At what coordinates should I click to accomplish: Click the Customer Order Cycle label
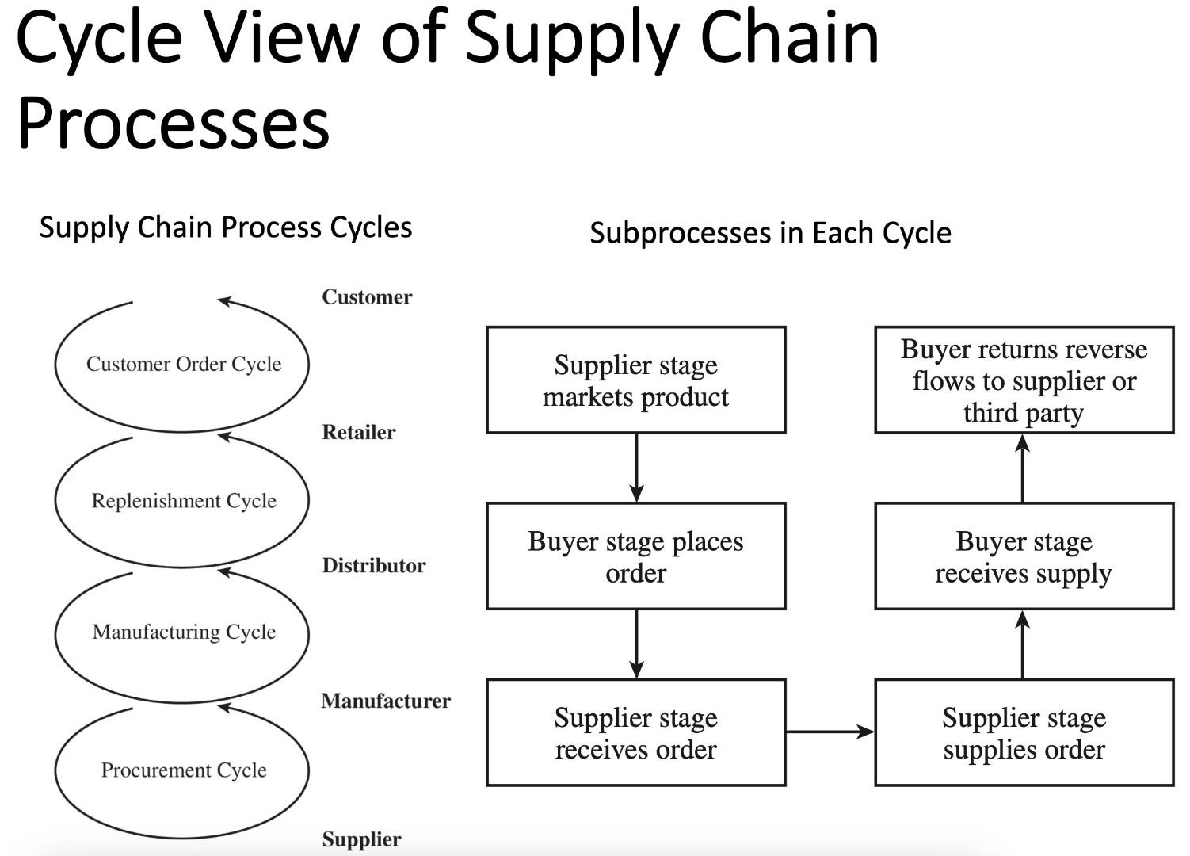[184, 364]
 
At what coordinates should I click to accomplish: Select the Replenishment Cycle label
[184, 501]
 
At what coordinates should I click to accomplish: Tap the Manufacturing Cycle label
[184, 632]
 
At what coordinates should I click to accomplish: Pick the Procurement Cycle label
[184, 770]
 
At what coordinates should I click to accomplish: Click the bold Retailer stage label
[358, 432]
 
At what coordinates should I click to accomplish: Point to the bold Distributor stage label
[373, 565]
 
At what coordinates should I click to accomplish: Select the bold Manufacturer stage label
[386, 701]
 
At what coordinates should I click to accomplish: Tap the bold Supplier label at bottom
[361, 839]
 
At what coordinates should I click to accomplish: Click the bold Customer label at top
[367, 297]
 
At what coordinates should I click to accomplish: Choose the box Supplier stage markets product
[635, 380]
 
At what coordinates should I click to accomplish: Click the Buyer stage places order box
[635, 556]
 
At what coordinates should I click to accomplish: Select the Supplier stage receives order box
[635, 732]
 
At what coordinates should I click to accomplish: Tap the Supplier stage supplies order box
[1024, 732]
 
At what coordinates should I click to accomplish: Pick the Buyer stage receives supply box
[1024, 556]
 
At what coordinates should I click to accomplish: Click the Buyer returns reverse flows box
[1024, 380]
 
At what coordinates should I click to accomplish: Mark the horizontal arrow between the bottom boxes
[830, 732]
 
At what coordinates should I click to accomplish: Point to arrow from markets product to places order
[636, 468]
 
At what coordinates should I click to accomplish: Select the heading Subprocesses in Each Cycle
[770, 233]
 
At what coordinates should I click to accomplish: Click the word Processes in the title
[173, 124]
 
